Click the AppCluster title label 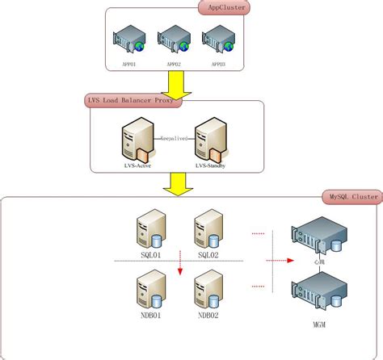point(224,9)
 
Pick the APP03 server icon point(217,39)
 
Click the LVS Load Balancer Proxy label point(133,101)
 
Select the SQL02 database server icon point(208,228)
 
